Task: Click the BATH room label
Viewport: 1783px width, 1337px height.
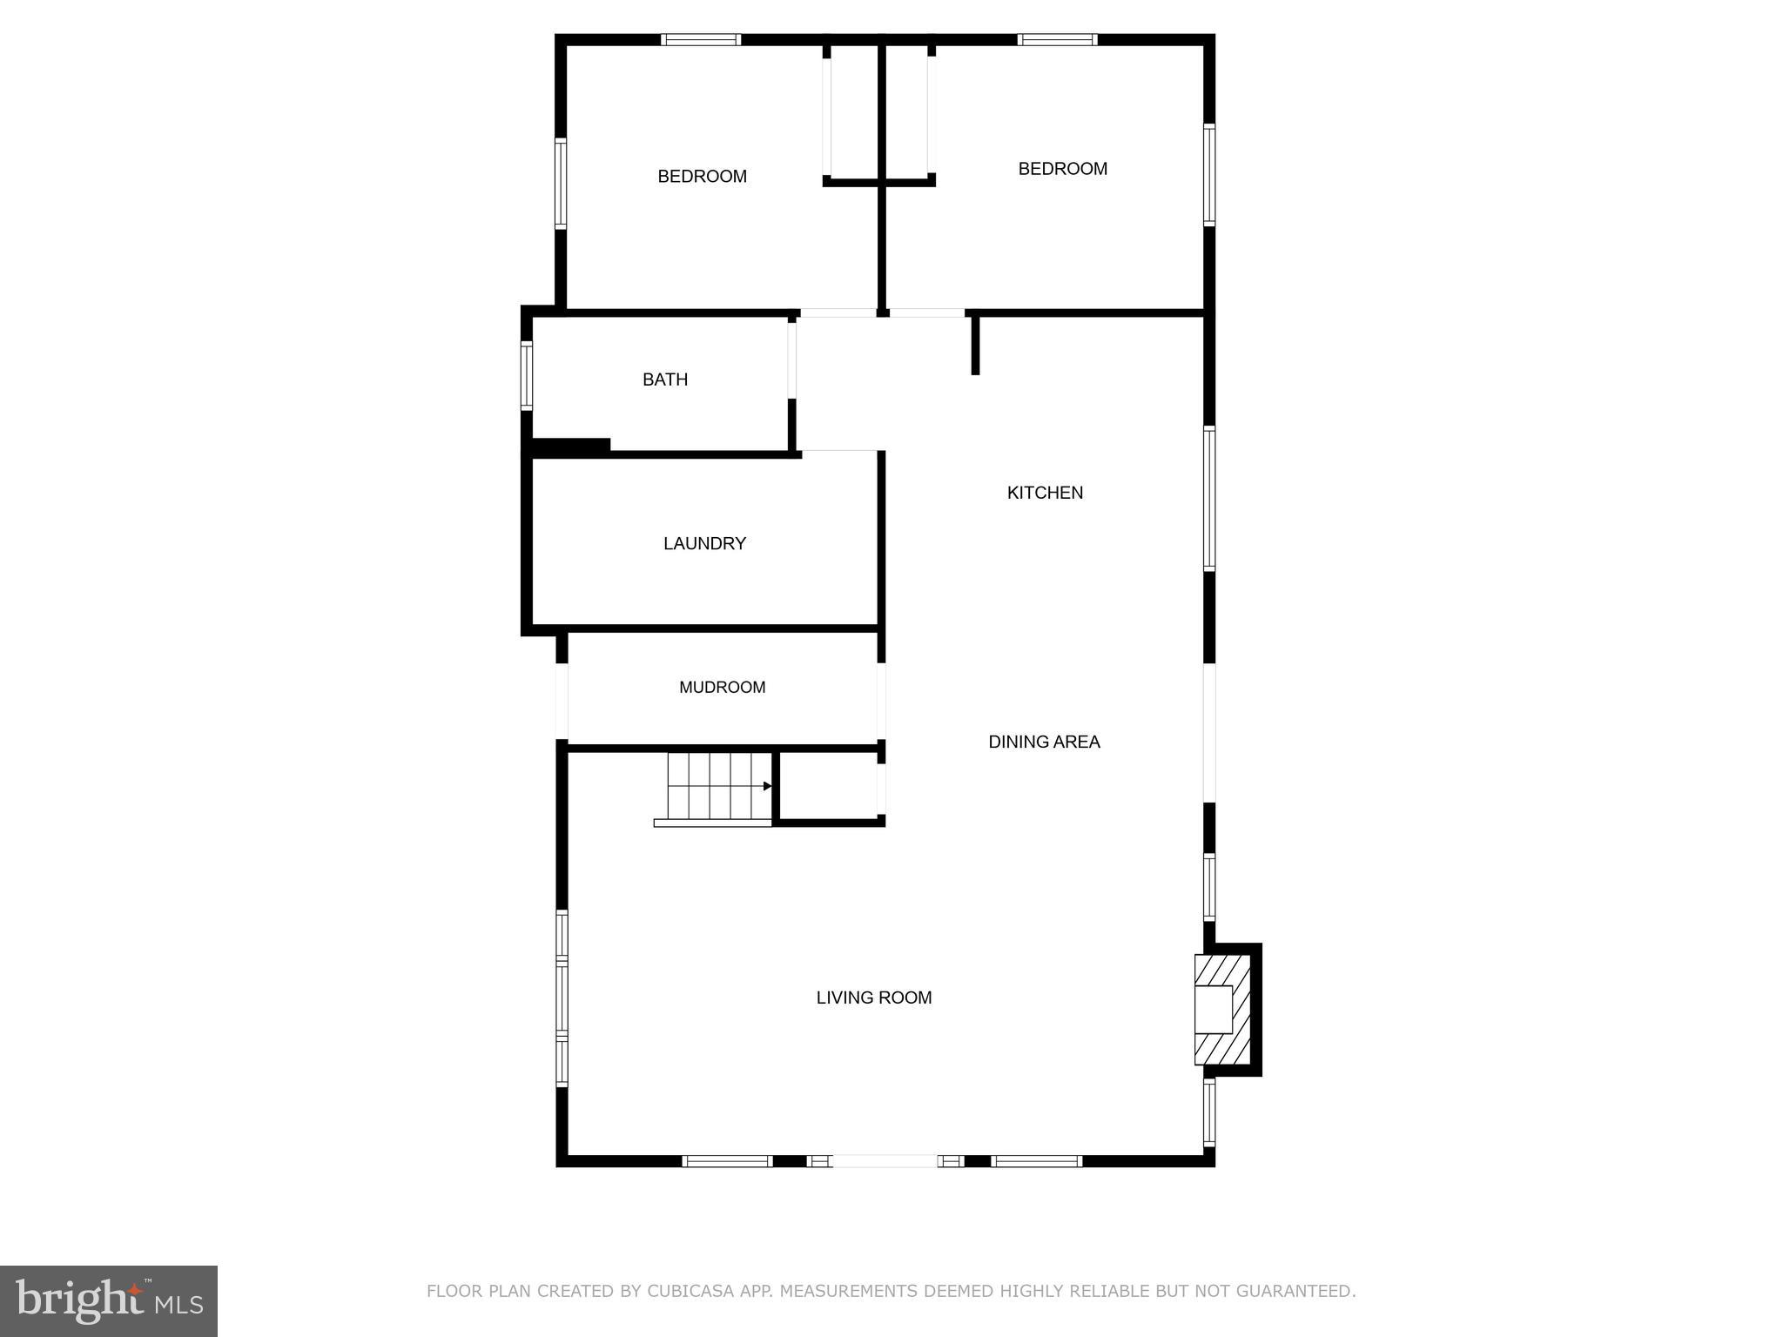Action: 665,380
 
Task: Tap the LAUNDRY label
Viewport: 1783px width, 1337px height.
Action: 704,543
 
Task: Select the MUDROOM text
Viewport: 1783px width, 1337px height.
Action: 722,687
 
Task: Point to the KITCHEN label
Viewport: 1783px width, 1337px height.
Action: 1045,493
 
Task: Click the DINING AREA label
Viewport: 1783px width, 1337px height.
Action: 1044,742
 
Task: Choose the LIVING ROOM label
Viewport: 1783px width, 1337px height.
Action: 873,998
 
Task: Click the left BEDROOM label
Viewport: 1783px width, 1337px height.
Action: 702,177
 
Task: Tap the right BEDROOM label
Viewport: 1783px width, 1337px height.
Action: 1062,169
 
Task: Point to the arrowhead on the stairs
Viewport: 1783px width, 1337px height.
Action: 767,786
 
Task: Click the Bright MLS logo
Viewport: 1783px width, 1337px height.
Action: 109,1300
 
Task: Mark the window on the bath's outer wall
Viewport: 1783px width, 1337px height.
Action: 527,375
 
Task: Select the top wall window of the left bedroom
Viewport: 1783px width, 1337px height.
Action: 701,40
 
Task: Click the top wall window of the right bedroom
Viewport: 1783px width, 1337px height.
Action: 1057,40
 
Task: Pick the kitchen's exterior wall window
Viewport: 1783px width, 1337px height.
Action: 1209,498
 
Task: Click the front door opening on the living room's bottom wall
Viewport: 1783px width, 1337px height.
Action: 885,1160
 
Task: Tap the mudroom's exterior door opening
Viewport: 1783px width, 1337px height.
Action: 562,702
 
